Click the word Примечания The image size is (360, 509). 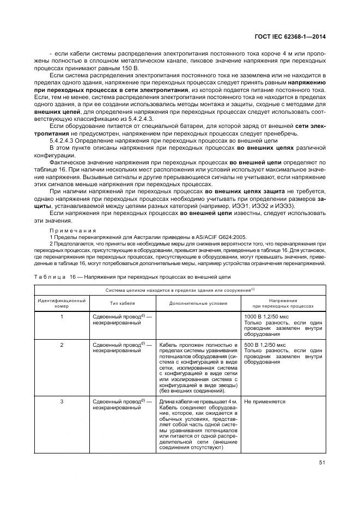[x=71, y=230]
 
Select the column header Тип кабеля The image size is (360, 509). [x=122, y=303]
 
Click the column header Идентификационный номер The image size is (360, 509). [x=62, y=303]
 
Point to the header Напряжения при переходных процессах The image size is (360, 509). [x=282, y=303]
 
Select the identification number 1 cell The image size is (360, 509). [x=62, y=316]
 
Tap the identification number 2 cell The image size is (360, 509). [x=62, y=345]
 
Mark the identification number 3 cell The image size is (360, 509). [x=62, y=402]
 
